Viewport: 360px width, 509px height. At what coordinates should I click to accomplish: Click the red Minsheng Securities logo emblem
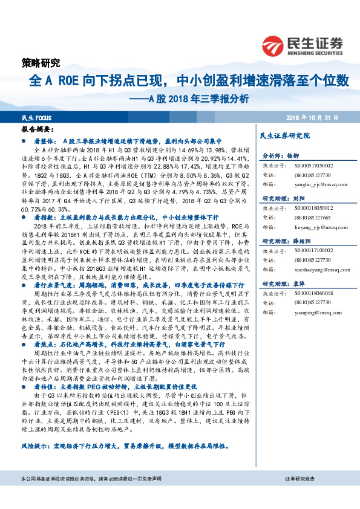[273, 44]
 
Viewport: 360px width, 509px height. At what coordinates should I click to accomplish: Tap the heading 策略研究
[37, 63]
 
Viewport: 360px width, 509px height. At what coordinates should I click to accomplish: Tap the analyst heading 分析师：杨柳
[277, 155]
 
